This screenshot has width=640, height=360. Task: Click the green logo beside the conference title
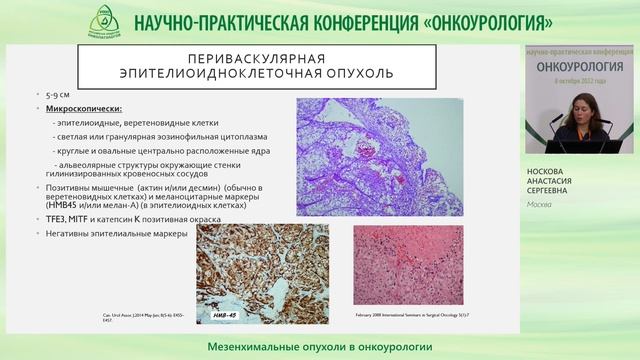[x=103, y=20]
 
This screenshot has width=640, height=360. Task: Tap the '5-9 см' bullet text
[x=46, y=94]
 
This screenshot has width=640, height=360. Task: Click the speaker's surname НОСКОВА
[x=548, y=171]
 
